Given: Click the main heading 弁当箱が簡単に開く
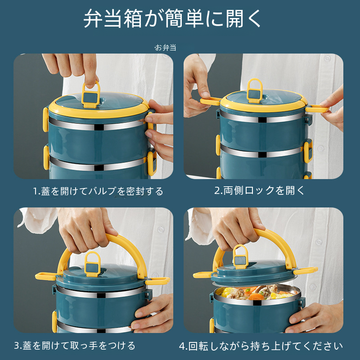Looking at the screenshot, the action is [172, 18].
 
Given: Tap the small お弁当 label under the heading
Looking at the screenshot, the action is [165, 48].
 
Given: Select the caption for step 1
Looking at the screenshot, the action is [98, 191].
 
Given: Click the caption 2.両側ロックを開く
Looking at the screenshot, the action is [259, 190].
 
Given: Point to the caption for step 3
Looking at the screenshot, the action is [75, 346].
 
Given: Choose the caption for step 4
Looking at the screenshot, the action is [261, 346].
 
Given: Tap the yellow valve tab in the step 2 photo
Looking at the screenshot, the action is [255, 91].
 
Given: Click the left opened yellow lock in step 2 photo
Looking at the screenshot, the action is [211, 101].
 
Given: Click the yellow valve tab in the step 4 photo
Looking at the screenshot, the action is [240, 256].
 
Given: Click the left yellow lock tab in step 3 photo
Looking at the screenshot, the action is [46, 276].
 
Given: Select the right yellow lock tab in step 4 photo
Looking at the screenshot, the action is [306, 271].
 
